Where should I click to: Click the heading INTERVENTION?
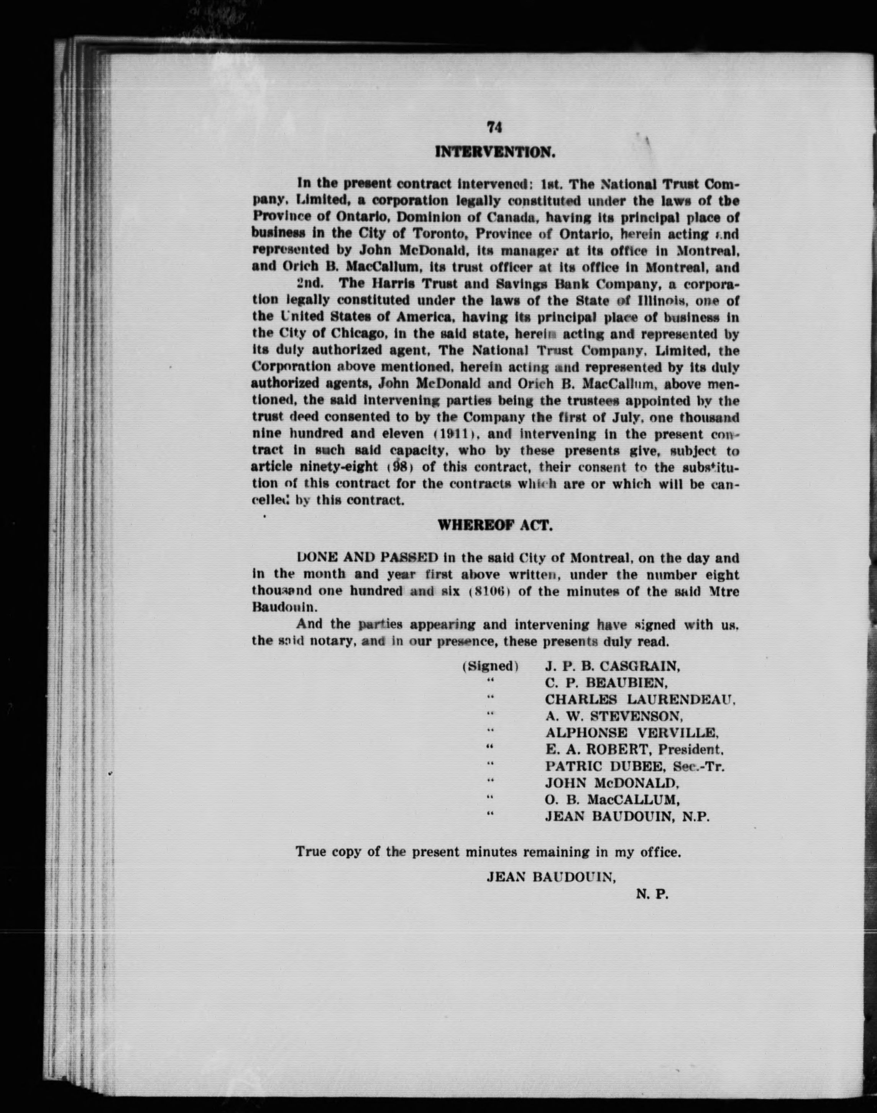click(x=494, y=153)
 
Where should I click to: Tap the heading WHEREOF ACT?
click(x=494, y=526)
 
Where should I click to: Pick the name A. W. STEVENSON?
click(x=614, y=716)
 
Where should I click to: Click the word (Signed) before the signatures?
click(x=490, y=666)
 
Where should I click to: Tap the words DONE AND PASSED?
click(x=368, y=558)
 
